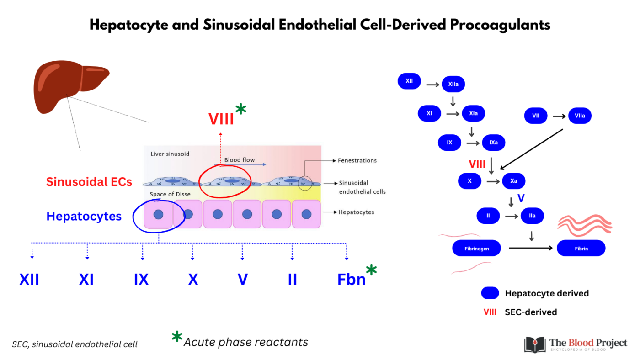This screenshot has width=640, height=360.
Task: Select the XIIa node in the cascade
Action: tap(453, 84)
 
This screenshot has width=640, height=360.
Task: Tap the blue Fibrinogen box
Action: tap(476, 249)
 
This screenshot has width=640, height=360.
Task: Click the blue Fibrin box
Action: tap(581, 249)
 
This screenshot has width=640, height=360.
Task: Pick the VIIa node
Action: tap(579, 116)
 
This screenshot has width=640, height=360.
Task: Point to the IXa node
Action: tap(494, 143)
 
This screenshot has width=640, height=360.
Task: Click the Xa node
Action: tap(513, 181)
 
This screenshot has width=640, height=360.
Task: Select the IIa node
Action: tap(532, 216)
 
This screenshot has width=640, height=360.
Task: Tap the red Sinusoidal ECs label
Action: tap(89, 182)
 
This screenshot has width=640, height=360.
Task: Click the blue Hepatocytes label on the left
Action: tap(84, 216)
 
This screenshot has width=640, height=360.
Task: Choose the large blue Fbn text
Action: tap(352, 279)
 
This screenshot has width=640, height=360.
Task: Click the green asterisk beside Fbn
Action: tap(371, 270)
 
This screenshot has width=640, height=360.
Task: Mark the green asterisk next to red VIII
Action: tap(240, 110)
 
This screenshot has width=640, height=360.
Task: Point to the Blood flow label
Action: tap(239, 160)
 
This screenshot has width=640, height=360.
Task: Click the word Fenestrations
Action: tap(357, 160)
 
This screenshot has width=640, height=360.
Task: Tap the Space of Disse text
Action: tap(170, 195)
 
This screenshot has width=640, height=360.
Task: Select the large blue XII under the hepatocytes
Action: tap(29, 279)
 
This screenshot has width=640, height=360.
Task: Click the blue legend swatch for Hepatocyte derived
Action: tap(490, 293)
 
